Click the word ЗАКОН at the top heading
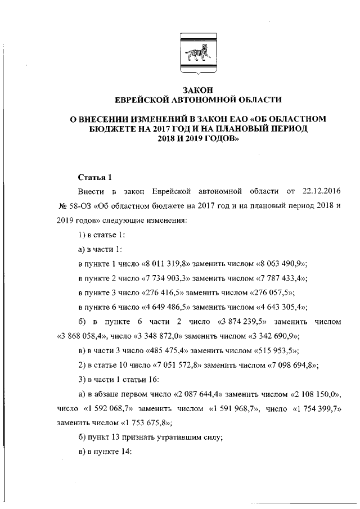pos(197,90)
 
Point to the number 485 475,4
pos(170,350)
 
